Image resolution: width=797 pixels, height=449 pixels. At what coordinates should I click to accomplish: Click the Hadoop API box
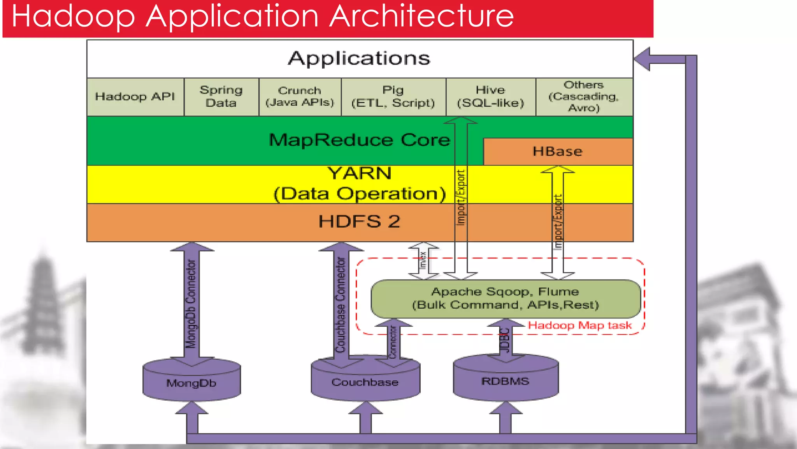coord(135,97)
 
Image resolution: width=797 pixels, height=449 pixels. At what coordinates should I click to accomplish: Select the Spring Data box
coord(221,97)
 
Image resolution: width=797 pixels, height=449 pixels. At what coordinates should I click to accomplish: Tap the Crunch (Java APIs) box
coord(300,97)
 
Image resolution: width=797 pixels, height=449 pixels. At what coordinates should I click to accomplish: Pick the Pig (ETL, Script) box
coord(393,97)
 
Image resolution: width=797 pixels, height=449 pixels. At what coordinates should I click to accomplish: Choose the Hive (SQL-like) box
coord(490,97)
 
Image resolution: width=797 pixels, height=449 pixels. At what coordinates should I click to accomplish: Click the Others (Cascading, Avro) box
coord(584,97)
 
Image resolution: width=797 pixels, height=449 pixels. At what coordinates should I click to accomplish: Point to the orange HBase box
coord(557,151)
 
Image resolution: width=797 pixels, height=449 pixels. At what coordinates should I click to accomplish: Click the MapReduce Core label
coord(359,140)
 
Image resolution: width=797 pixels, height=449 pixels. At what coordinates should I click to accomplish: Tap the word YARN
coord(359,173)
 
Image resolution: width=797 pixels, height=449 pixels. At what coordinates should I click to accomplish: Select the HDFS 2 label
coord(359,221)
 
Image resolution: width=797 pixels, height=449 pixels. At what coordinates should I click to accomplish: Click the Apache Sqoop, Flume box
coord(505,299)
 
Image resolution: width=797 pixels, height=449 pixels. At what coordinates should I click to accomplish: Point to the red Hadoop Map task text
coord(579,325)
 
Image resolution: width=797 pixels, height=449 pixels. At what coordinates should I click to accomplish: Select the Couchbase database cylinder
coord(365,382)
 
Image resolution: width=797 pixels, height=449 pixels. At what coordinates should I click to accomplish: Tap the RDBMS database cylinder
coord(505,381)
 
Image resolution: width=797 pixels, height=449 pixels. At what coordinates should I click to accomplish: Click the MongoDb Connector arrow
coord(191,304)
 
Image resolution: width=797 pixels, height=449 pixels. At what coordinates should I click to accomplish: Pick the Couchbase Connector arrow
coord(341,304)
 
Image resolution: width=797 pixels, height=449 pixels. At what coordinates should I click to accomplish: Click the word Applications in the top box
coord(359,58)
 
